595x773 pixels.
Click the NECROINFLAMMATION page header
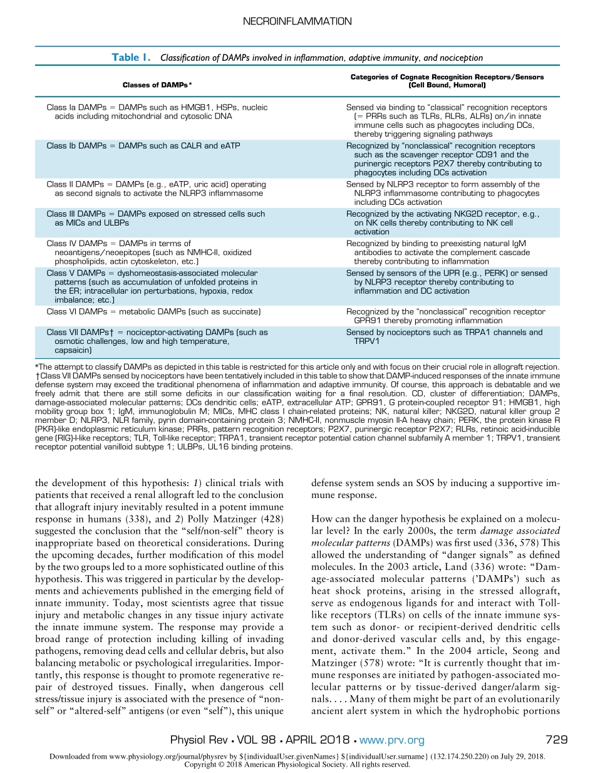click(297, 21)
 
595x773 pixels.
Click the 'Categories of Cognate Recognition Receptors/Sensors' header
click(447, 77)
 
